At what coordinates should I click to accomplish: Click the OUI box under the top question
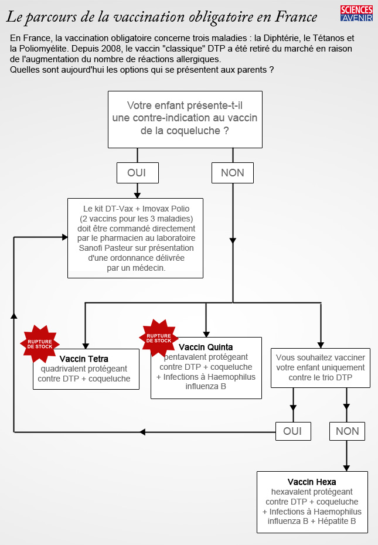tap(137, 173)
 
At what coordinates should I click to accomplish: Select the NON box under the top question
tap(233, 173)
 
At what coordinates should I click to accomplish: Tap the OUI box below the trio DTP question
tap(293, 431)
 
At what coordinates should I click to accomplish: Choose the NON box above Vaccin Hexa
tap(347, 431)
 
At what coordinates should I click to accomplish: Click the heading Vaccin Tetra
tap(84, 359)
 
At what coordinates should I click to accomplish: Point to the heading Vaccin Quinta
tap(206, 347)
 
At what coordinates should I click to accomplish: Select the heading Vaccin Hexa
tap(312, 482)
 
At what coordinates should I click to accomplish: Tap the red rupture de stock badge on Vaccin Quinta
tap(158, 338)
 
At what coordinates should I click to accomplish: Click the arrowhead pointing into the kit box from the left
tap(65, 237)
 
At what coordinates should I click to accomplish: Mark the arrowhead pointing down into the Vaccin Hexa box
tap(347, 468)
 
